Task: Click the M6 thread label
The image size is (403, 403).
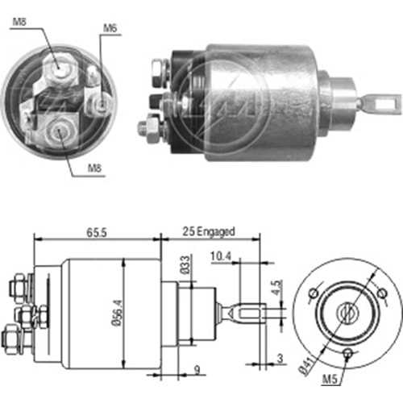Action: tap(110, 29)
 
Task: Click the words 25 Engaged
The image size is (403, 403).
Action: tap(209, 231)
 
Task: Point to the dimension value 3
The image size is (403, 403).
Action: tap(280, 357)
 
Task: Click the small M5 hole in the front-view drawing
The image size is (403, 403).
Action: tap(347, 354)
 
